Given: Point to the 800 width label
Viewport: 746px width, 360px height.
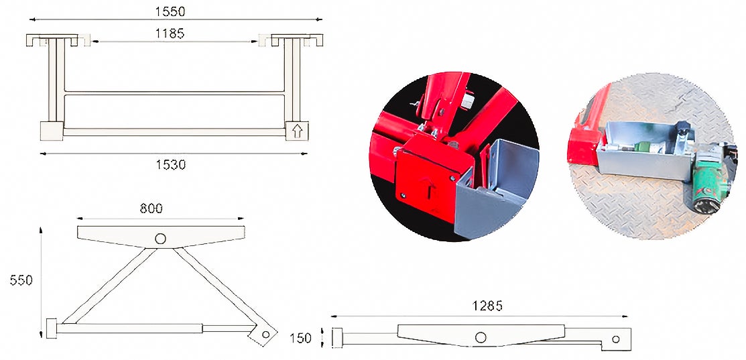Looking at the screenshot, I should pos(151,208).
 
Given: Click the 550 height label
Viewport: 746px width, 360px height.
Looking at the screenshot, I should pos(21,280).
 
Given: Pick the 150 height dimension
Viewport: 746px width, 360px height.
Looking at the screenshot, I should pos(301,338).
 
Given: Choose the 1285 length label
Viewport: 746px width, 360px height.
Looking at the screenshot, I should pos(487,306).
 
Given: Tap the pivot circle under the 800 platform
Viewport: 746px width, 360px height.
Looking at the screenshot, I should pos(160,239).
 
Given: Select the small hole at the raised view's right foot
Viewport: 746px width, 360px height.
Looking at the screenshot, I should pos(265,333).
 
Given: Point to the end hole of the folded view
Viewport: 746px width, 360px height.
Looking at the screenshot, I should pos(617,339).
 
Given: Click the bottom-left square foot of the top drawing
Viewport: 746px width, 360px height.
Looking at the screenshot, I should pos(52,130).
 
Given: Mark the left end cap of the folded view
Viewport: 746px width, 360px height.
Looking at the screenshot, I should pos(338,337).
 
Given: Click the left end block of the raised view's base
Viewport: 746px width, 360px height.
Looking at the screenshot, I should pos(51,329).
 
